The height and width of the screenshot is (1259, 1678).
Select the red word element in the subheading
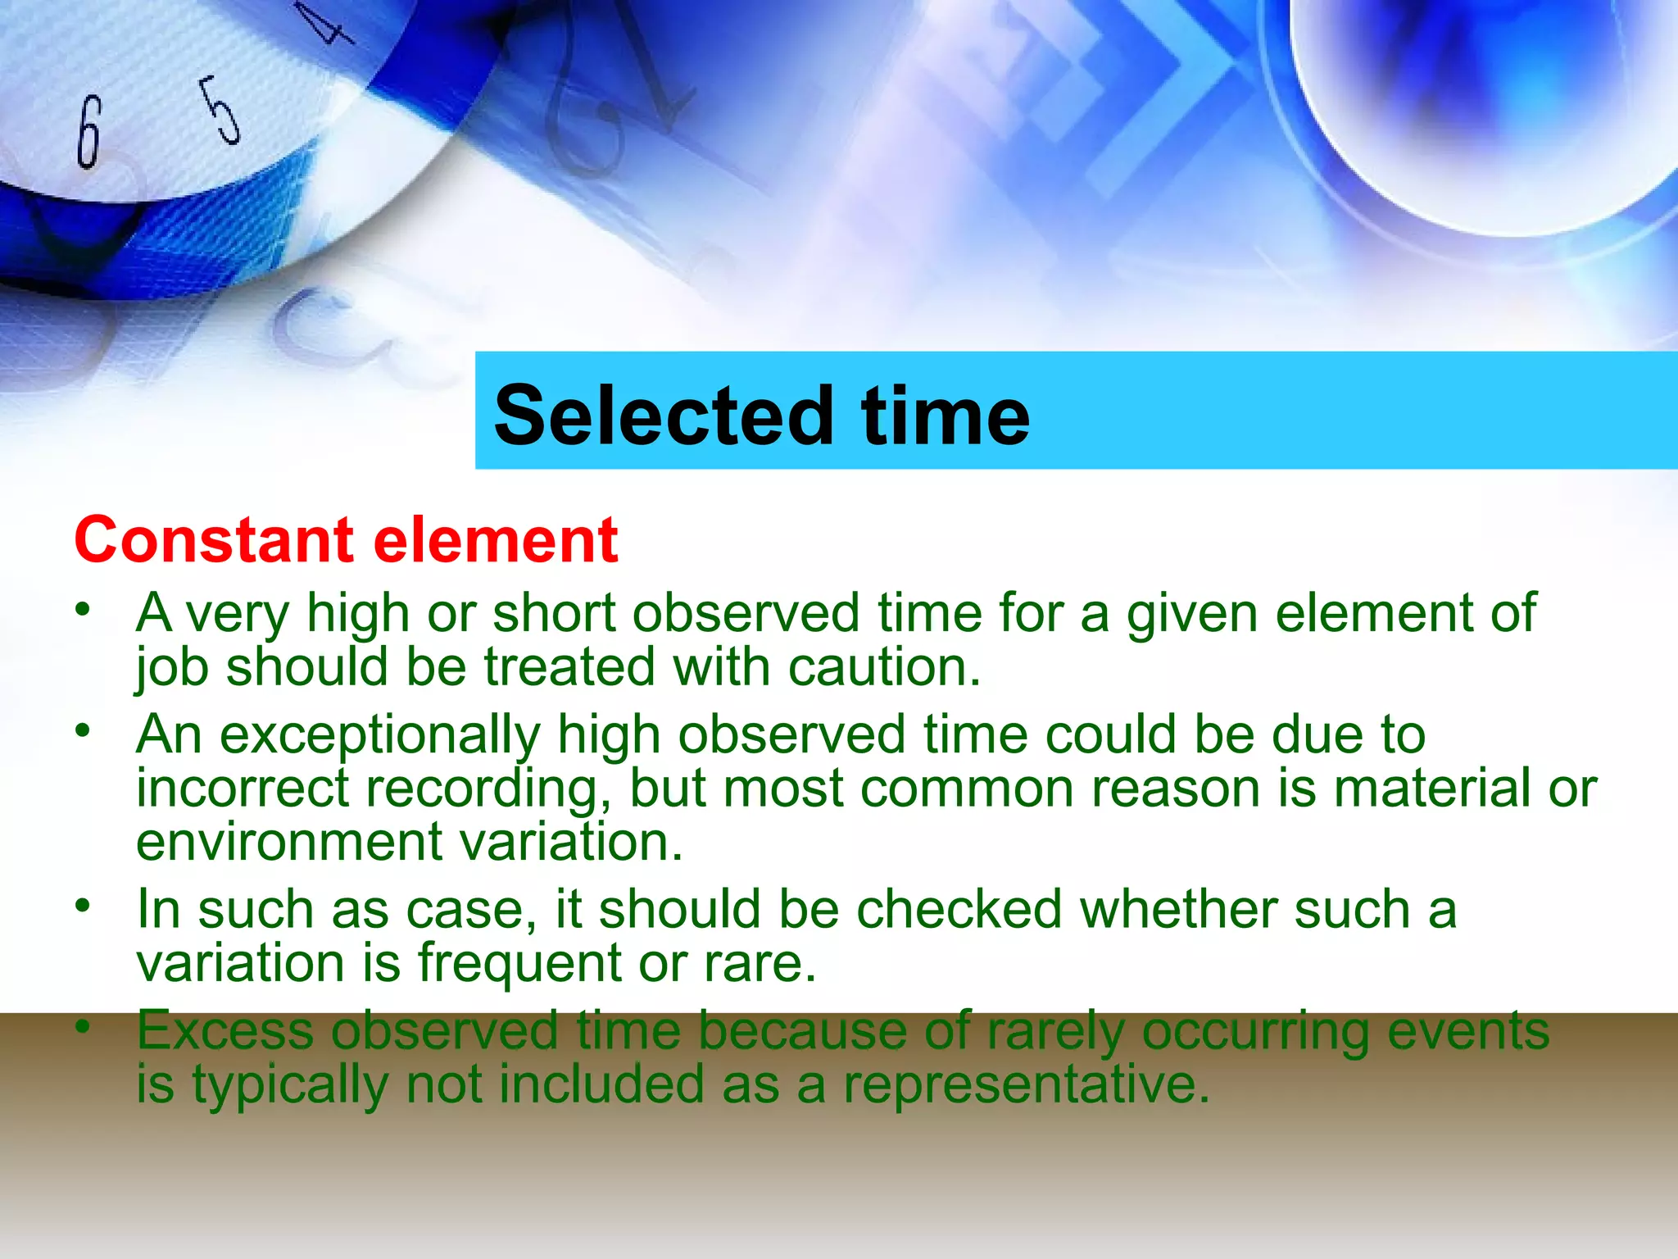tap(495, 540)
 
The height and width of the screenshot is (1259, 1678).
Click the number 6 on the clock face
tap(88, 131)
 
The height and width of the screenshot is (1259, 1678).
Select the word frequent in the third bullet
tap(519, 963)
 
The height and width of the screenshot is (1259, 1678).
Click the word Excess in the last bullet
tap(224, 1030)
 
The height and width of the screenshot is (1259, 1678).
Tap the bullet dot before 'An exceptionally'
tap(82, 729)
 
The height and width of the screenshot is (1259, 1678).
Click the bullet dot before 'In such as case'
tap(82, 905)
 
